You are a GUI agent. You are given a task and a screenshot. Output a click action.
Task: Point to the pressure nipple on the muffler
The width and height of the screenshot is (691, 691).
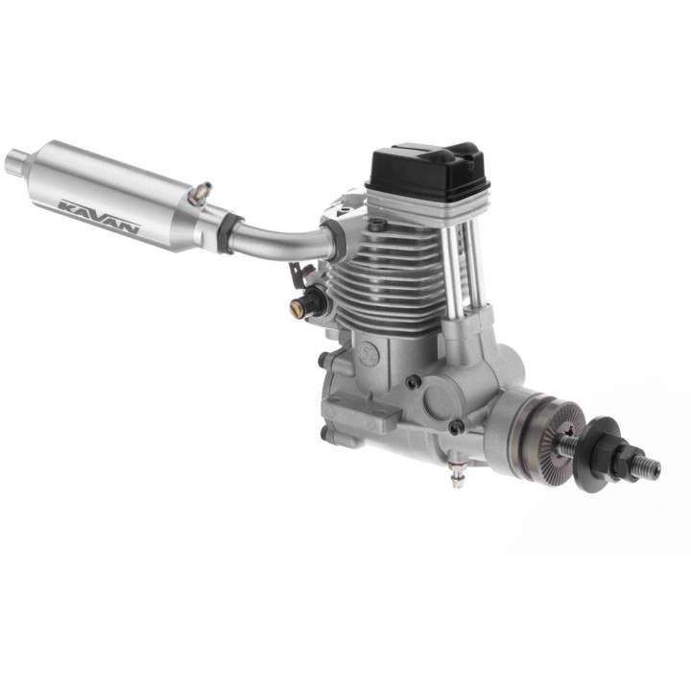tap(200, 193)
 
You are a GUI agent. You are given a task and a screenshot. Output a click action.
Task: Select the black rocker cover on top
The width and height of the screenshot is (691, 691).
tap(427, 169)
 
